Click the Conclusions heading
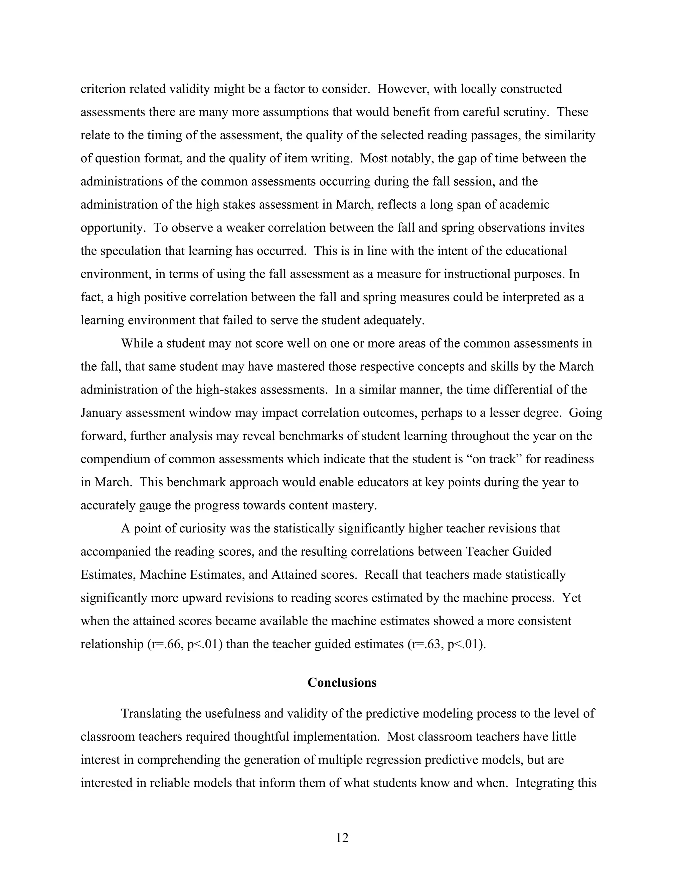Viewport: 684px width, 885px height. tap(342, 683)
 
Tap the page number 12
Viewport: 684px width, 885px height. tap(342, 838)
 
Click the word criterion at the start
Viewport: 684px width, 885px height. tap(103, 89)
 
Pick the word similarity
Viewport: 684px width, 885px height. tap(569, 135)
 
